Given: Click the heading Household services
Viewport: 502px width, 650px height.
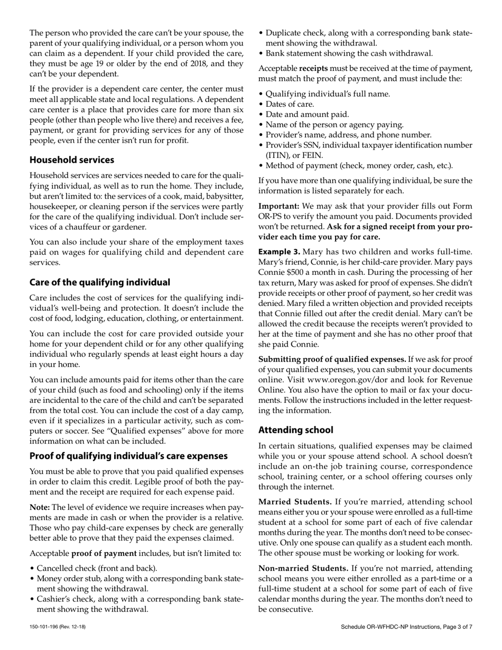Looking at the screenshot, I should point(71,160).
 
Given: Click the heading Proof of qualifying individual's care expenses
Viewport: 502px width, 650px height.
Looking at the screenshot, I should point(128,456).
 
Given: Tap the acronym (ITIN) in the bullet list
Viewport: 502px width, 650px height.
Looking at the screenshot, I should point(278,155).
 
